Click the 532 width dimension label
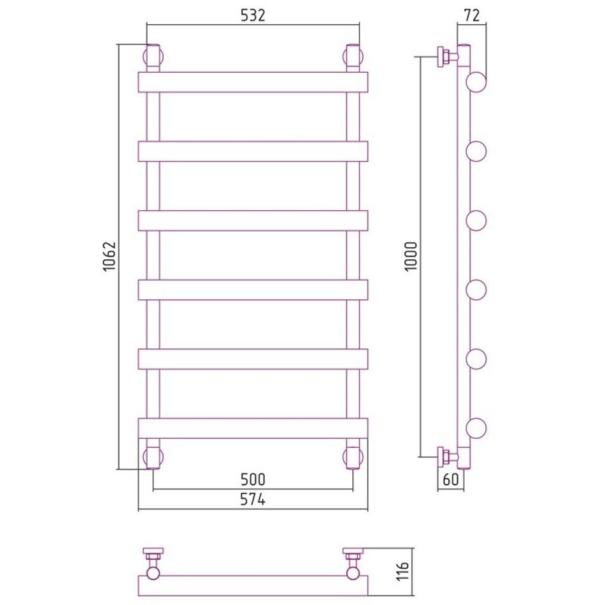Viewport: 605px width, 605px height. (253, 15)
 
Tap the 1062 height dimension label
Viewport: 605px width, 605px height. (110, 256)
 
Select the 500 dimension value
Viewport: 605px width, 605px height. (253, 480)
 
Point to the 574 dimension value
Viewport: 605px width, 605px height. (253, 500)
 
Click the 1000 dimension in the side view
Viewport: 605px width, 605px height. (411, 256)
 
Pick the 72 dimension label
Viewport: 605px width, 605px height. (471, 15)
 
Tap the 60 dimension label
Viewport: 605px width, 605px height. (450, 479)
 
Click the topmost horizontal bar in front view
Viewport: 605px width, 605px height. (253, 82)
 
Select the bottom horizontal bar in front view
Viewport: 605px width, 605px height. (253, 429)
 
